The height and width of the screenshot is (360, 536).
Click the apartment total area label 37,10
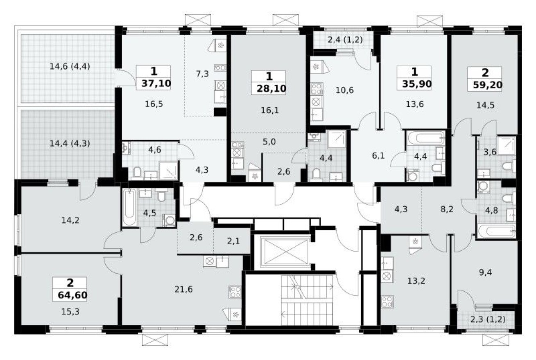point(154,84)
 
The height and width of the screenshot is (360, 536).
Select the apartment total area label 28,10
point(269,89)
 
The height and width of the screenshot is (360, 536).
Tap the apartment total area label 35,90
point(414,84)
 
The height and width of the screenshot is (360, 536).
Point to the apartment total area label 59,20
point(485,86)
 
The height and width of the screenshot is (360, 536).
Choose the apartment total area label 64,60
point(70,295)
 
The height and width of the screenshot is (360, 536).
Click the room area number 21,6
point(183,289)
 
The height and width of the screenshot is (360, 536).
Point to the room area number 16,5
point(154,104)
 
